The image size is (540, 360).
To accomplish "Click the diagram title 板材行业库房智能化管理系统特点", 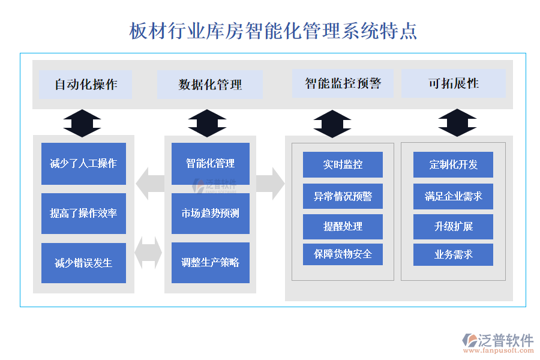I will tap(273, 31).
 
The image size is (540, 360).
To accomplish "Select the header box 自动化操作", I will tap(85, 85).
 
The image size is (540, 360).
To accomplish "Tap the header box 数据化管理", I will tap(209, 85).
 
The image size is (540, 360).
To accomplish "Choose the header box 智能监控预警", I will tap(343, 83).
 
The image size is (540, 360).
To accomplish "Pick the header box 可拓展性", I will tap(453, 83).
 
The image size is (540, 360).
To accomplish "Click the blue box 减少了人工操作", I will tap(83, 163).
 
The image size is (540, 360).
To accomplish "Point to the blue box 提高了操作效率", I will tap(83, 213).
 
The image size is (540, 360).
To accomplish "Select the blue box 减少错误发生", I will tap(83, 263).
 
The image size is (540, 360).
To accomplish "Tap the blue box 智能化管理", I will tap(210, 163).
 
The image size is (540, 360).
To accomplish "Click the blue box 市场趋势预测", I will tap(210, 213).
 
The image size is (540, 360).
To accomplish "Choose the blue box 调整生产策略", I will tap(210, 263).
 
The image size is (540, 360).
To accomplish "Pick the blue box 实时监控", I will tap(343, 164).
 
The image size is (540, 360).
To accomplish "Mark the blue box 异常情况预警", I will tap(343, 196).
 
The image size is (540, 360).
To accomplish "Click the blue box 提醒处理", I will tap(343, 226).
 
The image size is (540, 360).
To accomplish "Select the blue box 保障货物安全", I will tap(343, 254).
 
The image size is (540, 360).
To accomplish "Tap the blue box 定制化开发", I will tap(453, 164).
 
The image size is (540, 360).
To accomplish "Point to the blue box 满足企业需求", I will tap(453, 196).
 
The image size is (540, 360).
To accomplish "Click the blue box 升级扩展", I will tap(453, 226).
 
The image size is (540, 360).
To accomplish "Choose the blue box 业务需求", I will tap(453, 254).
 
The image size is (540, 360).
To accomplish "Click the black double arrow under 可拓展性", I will tap(457, 123).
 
